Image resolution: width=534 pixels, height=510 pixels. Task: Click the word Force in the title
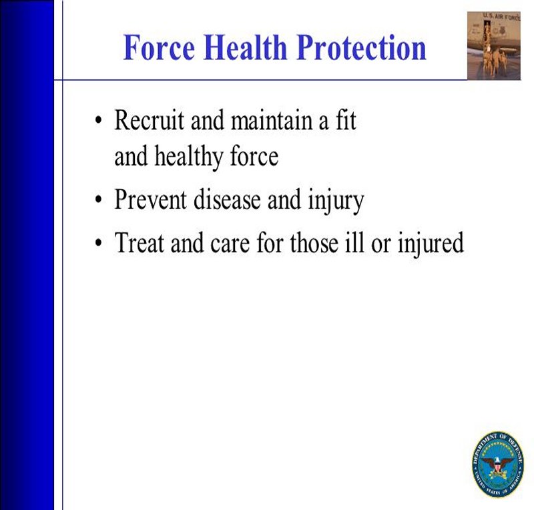[159, 47]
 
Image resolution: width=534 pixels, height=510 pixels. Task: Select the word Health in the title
[245, 47]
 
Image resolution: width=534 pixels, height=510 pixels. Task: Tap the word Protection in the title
[361, 47]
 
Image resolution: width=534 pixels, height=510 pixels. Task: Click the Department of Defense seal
[497, 465]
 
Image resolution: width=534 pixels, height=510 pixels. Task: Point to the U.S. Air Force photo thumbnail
[494, 45]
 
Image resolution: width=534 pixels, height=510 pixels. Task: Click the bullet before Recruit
[99, 120]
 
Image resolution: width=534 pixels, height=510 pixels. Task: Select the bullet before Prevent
[99, 200]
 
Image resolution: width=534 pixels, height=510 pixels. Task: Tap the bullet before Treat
[99, 243]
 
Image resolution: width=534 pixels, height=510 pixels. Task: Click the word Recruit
[149, 120]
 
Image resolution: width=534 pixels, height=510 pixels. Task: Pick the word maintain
[272, 120]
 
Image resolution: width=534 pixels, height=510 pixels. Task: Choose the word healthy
[189, 158]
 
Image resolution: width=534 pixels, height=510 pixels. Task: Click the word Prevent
[150, 199]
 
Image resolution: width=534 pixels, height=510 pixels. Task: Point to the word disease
[227, 199]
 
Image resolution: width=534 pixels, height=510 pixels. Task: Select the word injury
[336, 201]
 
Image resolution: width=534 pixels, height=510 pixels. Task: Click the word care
[230, 244]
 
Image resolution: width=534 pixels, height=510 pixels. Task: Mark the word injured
[431, 244]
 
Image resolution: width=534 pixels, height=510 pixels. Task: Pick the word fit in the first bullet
[346, 120]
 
